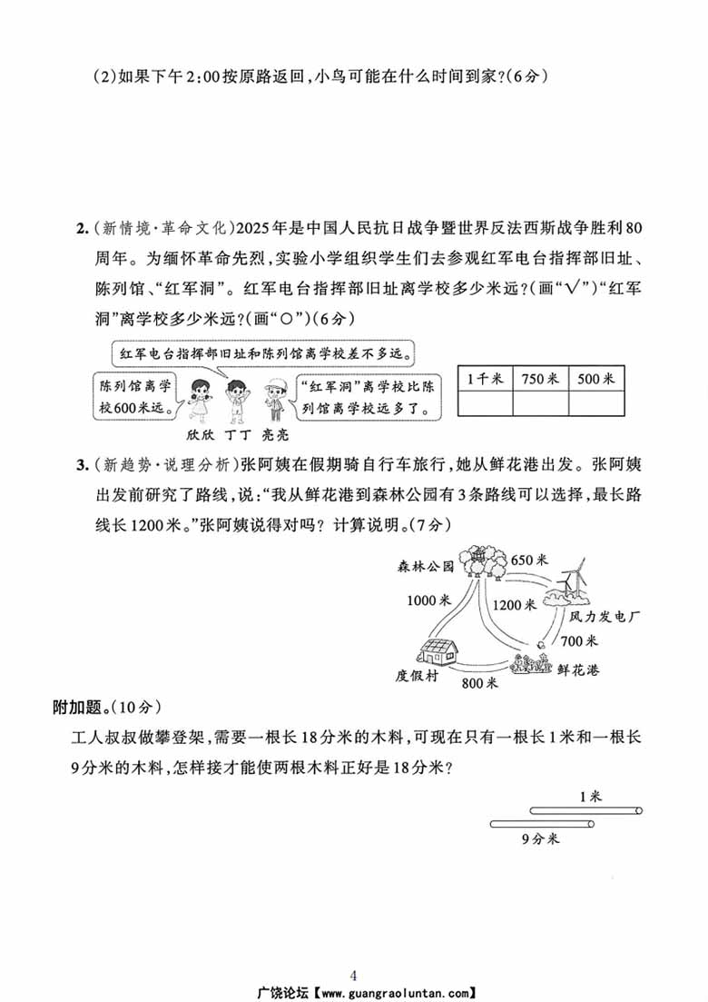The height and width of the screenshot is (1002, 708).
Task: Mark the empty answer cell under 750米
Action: (540, 402)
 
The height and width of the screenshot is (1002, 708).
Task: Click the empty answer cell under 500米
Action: (596, 402)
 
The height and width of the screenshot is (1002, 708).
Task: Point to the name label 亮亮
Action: (276, 434)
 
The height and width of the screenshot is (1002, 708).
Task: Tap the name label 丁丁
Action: (237, 434)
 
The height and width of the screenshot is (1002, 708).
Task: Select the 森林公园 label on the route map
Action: (425, 566)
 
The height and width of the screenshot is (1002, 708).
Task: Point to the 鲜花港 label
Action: (577, 670)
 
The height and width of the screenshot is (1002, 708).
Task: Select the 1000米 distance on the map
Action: (428, 600)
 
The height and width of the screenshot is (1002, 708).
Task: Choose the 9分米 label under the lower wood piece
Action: (540, 838)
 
